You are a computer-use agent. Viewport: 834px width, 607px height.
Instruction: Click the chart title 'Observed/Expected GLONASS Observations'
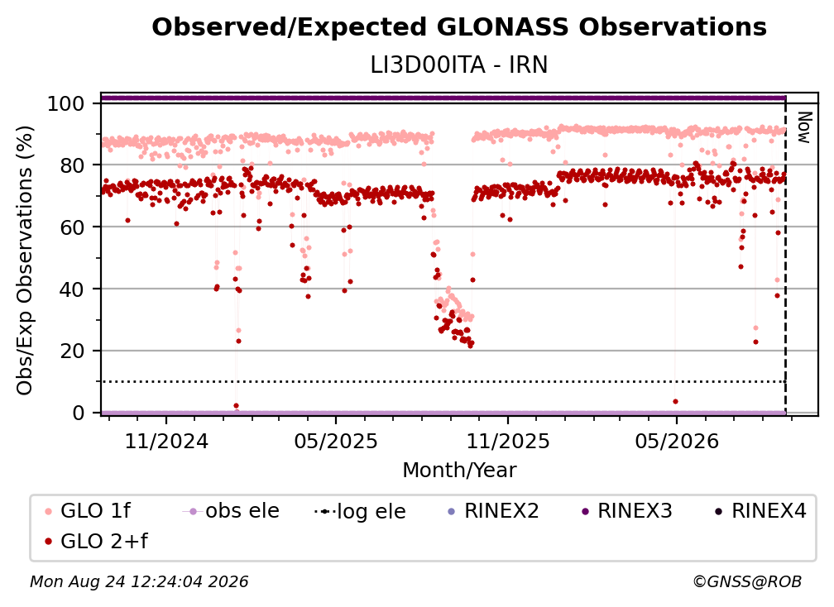click(x=459, y=27)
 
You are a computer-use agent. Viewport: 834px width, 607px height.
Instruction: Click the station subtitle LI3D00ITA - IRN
click(x=459, y=65)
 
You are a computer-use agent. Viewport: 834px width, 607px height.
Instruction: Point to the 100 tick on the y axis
click(x=66, y=103)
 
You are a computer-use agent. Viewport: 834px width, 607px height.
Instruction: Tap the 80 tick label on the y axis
click(x=72, y=165)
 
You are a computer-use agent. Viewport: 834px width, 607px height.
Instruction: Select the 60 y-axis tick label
click(x=72, y=227)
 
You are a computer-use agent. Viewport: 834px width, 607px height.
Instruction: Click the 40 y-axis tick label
click(x=72, y=289)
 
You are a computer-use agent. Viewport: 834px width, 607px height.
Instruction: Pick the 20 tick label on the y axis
click(x=72, y=351)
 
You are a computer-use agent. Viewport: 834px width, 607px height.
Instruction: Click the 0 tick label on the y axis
click(x=79, y=413)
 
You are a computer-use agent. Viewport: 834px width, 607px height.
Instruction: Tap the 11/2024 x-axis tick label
click(x=166, y=441)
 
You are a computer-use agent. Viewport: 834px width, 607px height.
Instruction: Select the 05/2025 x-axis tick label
click(x=336, y=441)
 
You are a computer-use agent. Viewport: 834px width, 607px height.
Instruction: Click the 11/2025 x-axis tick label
click(x=508, y=441)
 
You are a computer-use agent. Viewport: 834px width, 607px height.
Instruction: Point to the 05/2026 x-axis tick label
click(x=677, y=441)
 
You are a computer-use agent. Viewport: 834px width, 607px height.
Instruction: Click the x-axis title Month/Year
click(x=459, y=470)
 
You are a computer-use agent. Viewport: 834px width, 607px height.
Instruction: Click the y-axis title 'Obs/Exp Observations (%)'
click(x=25, y=260)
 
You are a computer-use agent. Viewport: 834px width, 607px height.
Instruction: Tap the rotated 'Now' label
click(x=804, y=127)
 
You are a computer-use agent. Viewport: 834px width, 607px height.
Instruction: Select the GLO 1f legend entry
click(x=89, y=511)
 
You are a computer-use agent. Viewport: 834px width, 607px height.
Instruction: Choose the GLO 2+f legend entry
click(x=97, y=541)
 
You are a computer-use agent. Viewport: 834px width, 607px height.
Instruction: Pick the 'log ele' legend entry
click(x=361, y=511)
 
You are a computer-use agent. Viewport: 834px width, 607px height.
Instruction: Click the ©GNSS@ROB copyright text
click(x=747, y=581)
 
